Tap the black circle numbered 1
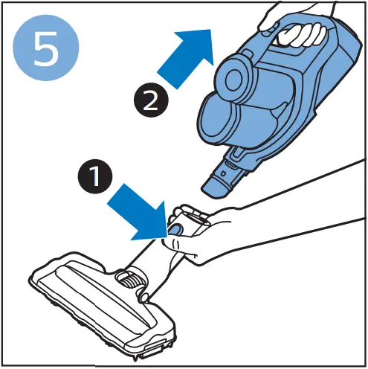(x=94, y=178)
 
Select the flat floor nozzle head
(x=104, y=298)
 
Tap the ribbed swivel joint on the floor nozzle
(x=131, y=281)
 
